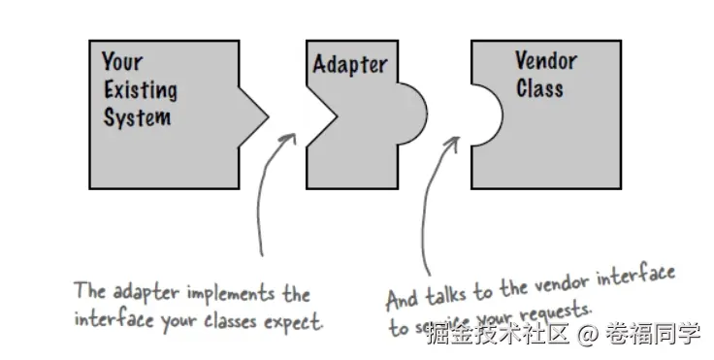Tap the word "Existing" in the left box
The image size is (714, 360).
(x=140, y=90)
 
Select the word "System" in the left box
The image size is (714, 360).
(x=137, y=117)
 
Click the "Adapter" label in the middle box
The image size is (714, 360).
(x=349, y=66)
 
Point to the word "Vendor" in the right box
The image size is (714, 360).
(x=545, y=61)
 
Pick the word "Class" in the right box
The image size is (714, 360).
(x=539, y=88)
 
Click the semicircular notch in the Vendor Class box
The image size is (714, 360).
(x=487, y=114)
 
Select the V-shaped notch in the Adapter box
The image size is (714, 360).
(x=322, y=114)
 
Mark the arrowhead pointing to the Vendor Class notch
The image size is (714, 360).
(x=452, y=142)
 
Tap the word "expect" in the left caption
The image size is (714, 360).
(x=295, y=321)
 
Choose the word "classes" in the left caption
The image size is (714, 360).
(x=229, y=320)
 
